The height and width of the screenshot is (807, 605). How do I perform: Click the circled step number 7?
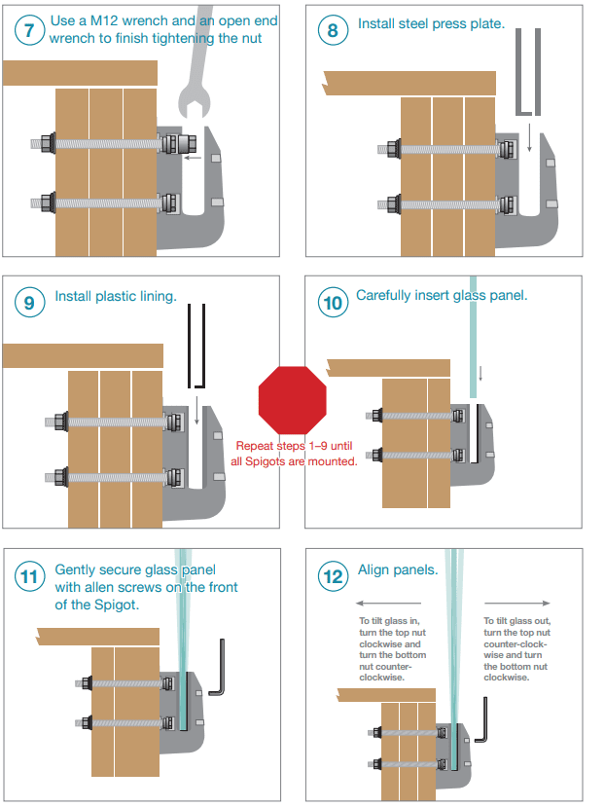point(30,30)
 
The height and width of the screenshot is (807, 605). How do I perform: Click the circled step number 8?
point(334,30)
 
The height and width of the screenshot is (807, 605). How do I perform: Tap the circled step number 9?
point(30,303)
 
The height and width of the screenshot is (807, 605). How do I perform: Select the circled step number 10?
point(334,303)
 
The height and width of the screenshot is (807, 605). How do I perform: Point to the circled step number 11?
point(30,576)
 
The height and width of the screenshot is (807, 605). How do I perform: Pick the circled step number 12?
point(334,576)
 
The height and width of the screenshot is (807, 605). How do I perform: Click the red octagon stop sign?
point(291,400)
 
